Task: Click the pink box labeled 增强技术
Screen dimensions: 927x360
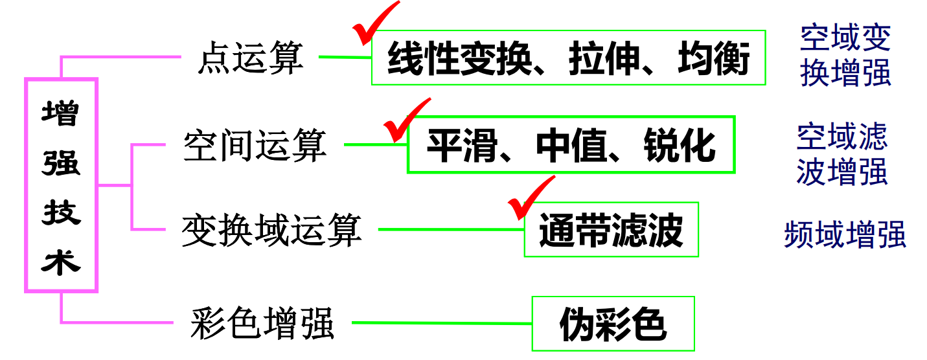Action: coord(61,185)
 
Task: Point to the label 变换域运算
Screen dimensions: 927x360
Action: coord(271,229)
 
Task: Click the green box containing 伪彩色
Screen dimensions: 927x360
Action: coord(613,324)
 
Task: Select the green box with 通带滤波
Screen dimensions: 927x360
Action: coord(611,230)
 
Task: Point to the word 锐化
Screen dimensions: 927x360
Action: coord(680,146)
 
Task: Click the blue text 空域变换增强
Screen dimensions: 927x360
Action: coord(845,56)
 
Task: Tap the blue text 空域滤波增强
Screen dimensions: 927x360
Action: coord(842,153)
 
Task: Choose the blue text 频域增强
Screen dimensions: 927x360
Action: coord(845,234)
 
